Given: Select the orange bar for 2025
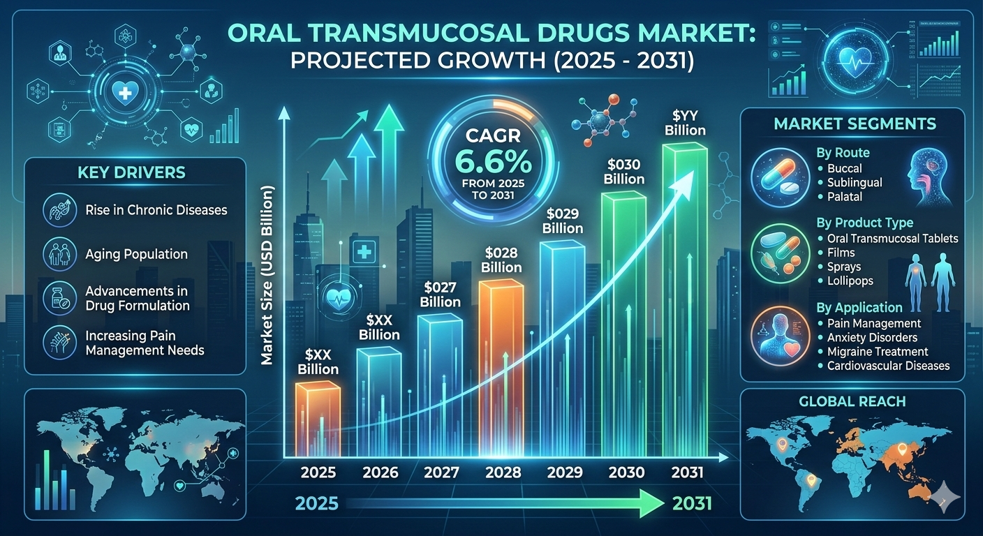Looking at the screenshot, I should click(318, 419).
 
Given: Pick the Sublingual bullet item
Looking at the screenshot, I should click(854, 182).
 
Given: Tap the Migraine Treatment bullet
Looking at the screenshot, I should click(877, 351).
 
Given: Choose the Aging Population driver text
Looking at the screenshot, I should click(136, 254).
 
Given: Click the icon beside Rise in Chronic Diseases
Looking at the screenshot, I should click(59, 209).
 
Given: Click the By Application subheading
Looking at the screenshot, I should click(859, 308).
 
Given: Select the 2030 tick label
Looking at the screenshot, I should click(626, 472).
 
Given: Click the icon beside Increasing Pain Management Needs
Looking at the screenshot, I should click(59, 342).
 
